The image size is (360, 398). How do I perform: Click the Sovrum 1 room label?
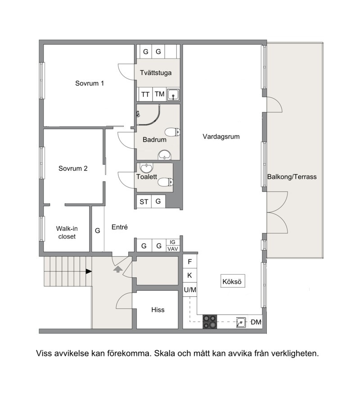coord(90,83)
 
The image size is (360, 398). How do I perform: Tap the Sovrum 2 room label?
coord(73,168)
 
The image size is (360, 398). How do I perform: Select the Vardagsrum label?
coord(221,136)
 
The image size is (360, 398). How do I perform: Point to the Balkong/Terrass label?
coord(292,176)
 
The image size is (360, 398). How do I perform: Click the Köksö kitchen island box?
coord(233,281)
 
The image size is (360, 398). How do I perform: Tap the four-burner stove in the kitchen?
coord(210,322)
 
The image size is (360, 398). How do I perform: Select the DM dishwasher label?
coord(256,322)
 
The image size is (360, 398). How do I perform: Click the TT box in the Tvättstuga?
coord(145,95)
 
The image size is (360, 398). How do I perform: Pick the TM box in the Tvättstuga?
coord(160,95)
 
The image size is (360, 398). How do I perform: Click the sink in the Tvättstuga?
coord(174,95)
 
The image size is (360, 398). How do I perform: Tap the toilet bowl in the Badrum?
coord(172,132)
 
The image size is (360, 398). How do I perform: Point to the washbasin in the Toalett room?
coord(146,168)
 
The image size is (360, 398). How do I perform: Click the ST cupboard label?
coord(144,202)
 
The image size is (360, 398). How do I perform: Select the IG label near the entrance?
coord(172,242)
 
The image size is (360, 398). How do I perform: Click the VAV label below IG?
coord(173,249)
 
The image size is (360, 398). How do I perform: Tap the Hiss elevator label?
coord(158,310)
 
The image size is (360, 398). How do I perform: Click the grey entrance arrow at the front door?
coord(117,269)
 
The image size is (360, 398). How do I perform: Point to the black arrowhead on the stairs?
coord(89,271)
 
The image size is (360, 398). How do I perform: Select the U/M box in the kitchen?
coord(190,289)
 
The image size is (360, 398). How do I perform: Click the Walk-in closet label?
coord(67,232)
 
